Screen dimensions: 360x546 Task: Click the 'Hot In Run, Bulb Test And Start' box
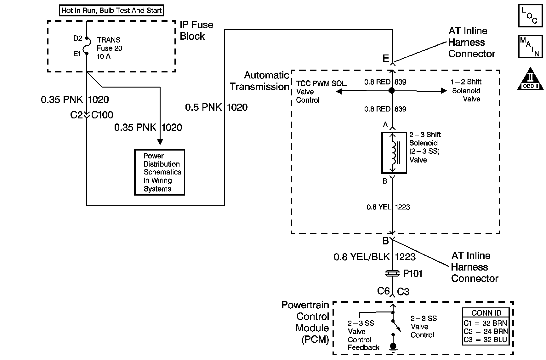point(111,10)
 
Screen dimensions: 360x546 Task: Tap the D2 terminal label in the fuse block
point(77,38)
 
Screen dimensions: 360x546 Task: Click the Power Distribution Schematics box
point(160,172)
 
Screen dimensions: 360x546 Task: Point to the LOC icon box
point(531,15)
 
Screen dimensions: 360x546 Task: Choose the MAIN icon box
point(531,47)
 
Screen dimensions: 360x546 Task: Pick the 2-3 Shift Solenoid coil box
point(394,153)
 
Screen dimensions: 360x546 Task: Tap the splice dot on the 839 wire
point(392,91)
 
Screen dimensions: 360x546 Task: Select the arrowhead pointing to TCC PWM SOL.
point(339,91)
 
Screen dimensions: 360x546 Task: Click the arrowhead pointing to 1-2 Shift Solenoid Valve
point(444,91)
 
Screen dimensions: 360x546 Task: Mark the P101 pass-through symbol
point(393,273)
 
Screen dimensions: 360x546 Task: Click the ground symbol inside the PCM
point(393,347)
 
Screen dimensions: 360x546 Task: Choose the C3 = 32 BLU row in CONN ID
point(486,340)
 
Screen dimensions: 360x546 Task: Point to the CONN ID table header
point(486,313)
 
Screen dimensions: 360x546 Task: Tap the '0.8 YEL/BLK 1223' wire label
point(374,257)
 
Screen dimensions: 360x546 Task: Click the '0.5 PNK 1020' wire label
point(216,107)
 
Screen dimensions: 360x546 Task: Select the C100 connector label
point(102,115)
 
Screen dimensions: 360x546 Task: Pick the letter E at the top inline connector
point(386,58)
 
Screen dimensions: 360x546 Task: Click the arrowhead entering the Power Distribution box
point(160,142)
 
